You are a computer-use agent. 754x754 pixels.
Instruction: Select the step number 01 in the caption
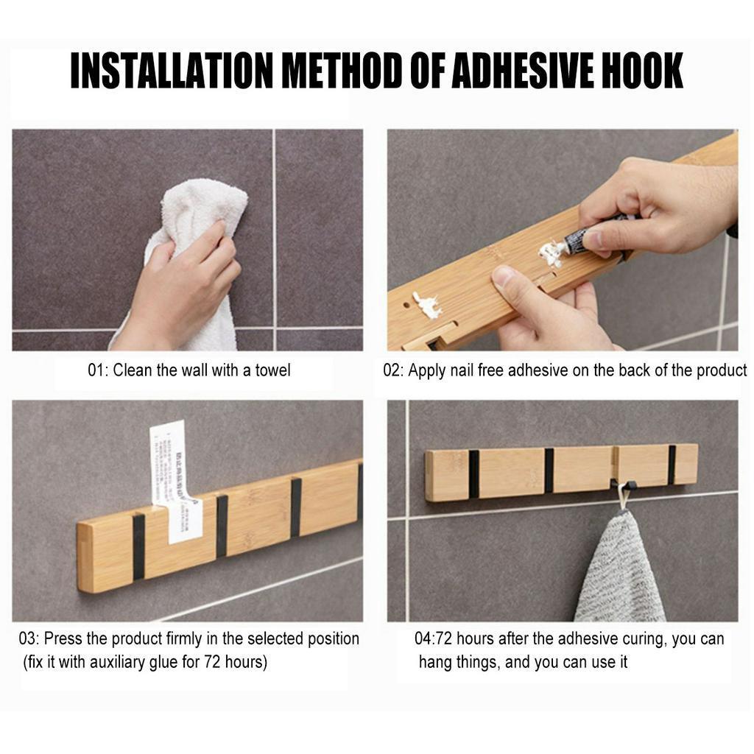96,370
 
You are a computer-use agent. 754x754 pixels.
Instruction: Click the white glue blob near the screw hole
426,304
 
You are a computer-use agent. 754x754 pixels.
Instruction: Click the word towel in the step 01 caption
272,370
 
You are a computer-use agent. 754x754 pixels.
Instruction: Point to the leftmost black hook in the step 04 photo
473,473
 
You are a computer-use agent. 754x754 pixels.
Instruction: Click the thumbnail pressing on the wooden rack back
507,278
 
